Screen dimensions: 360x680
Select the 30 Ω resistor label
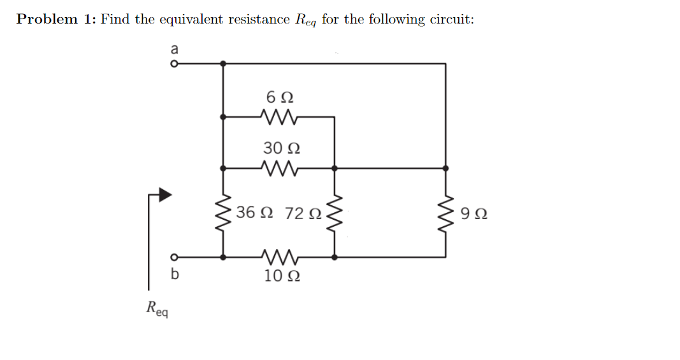(282, 148)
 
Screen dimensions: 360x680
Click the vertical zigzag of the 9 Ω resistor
(445, 212)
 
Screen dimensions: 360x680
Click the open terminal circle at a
(172, 64)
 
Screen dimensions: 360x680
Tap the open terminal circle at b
(172, 257)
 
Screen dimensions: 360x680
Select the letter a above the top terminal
(174, 48)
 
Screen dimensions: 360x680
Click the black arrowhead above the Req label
(164, 195)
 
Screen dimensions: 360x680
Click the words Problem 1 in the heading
(55, 19)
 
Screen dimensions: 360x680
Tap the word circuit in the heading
(450, 19)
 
